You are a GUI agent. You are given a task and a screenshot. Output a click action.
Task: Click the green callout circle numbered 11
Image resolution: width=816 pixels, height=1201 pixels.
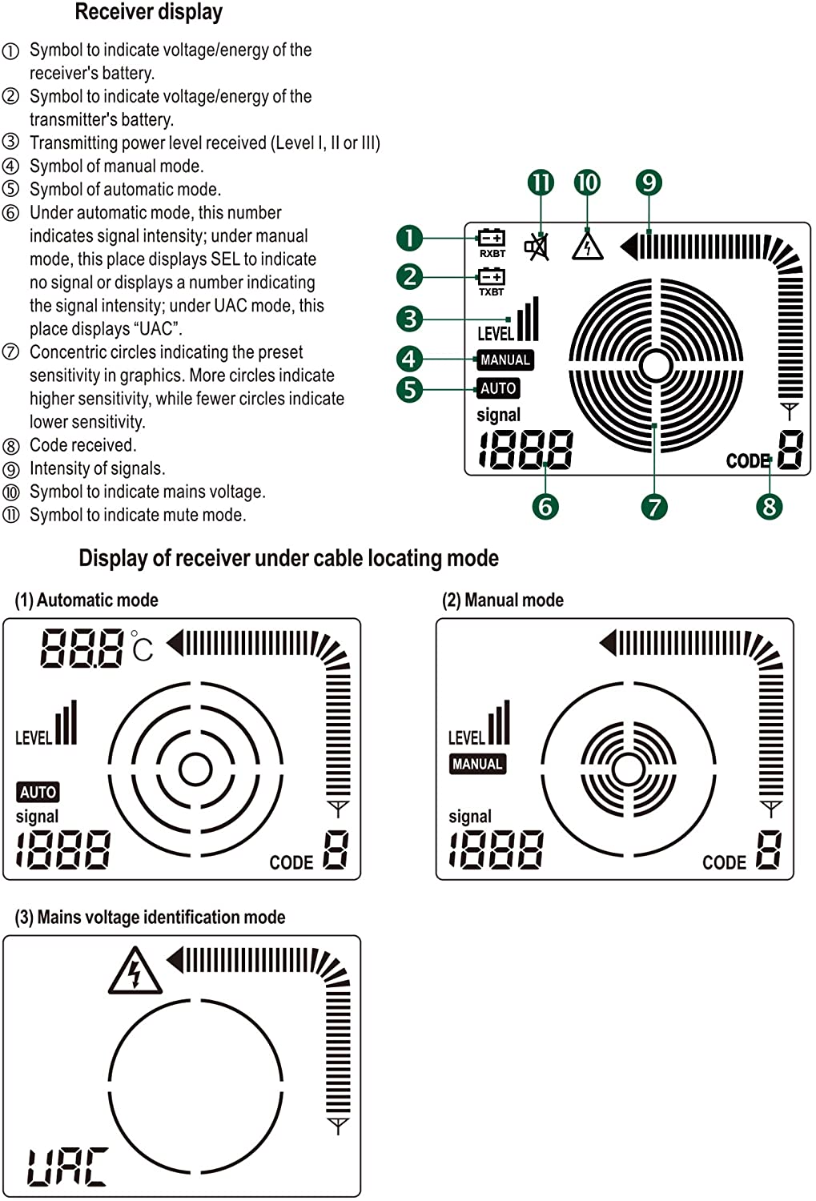[x=541, y=183]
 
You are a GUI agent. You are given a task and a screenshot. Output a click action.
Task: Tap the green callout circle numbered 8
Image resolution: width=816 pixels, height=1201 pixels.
[x=769, y=506]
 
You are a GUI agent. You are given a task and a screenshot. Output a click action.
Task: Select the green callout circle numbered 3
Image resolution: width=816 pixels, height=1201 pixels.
[x=410, y=319]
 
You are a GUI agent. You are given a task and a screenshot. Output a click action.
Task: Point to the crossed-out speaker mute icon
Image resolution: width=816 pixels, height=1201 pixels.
[x=537, y=247]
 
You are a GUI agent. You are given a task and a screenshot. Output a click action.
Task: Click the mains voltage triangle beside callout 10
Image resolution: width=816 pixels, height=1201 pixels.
[x=587, y=246]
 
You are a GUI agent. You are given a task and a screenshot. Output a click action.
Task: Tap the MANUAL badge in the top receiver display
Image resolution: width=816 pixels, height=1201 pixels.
[x=504, y=360]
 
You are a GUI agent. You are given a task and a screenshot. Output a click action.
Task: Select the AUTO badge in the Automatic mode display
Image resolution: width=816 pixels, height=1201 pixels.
[x=38, y=792]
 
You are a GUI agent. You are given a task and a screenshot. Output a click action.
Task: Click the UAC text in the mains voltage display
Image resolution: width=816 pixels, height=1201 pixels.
[x=67, y=1167]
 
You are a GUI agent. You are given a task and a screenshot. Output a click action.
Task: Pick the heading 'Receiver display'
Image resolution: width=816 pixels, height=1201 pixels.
[x=148, y=12]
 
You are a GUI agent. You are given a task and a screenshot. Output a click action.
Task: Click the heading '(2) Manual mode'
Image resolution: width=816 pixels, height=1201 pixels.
[x=503, y=600]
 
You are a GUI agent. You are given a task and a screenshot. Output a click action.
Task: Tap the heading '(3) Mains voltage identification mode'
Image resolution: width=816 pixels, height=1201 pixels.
[x=150, y=917]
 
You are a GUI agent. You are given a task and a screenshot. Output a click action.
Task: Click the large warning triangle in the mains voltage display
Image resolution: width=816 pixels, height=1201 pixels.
[x=135, y=971]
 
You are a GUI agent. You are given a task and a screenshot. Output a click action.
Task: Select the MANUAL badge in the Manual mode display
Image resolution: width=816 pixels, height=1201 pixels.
[x=477, y=764]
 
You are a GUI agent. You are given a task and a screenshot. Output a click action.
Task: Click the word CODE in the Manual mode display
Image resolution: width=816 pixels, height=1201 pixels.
[x=724, y=862]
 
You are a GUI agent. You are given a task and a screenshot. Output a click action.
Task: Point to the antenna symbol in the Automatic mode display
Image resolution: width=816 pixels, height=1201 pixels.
[x=338, y=809]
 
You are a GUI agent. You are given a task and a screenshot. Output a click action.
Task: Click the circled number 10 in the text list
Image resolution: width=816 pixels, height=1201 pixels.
[x=10, y=492]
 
